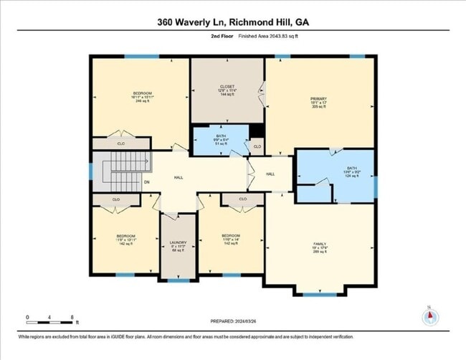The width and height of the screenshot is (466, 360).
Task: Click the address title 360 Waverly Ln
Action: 233,22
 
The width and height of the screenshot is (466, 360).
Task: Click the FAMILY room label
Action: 319,247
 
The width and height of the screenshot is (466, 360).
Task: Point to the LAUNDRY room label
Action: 178,245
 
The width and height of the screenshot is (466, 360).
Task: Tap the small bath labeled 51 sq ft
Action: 221,138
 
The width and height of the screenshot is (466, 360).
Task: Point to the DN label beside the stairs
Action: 146,182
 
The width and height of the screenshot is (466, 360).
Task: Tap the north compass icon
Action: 429,316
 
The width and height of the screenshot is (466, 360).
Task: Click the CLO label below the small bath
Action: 257,148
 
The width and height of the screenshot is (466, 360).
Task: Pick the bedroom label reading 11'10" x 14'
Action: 230,238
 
